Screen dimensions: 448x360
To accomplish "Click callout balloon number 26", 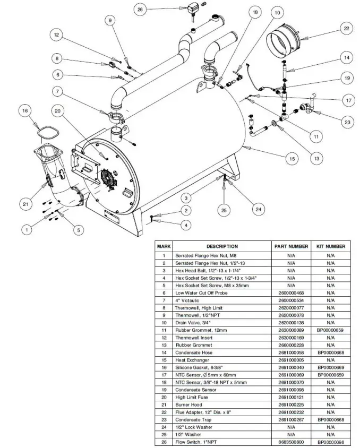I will [x=140, y=10].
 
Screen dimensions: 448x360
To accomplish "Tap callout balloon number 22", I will [x=346, y=29].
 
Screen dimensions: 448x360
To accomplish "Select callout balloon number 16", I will [x=24, y=110].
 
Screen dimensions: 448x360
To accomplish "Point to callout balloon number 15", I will [x=291, y=158].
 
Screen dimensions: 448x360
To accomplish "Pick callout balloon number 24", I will [x=258, y=210].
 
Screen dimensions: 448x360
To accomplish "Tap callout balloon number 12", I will [x=57, y=36].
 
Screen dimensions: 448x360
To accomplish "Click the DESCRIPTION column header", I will [x=222, y=246].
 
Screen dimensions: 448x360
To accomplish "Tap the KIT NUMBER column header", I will [x=331, y=246].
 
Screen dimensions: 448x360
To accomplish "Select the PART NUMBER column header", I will [x=291, y=246].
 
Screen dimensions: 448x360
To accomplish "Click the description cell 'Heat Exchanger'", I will [x=195, y=359].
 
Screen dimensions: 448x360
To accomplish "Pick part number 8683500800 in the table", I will [x=291, y=441].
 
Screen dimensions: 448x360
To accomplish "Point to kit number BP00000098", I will [x=331, y=441].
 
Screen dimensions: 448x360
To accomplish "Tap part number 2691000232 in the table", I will [x=291, y=411].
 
